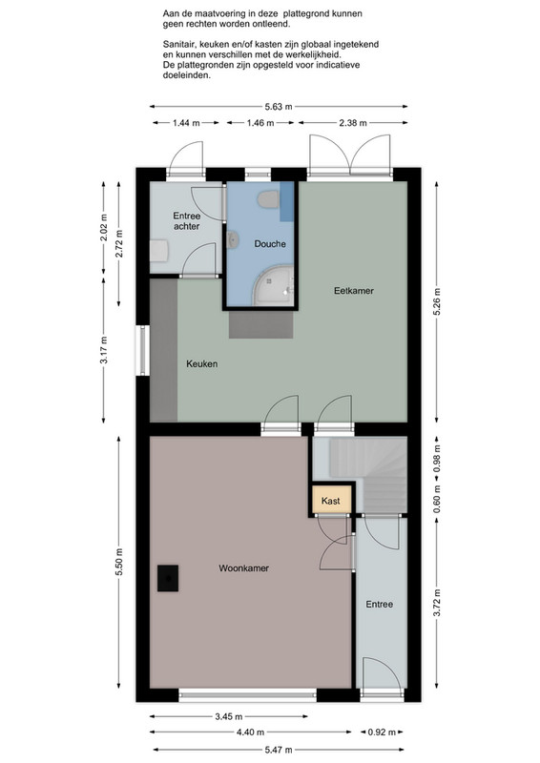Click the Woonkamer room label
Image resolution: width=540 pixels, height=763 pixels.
(243, 567)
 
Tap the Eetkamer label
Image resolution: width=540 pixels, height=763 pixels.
(354, 291)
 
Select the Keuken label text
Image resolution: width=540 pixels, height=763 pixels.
(201, 363)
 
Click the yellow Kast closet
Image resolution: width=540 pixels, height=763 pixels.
(331, 500)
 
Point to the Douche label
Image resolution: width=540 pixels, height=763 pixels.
(270, 244)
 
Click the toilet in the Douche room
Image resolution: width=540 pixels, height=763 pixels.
(269, 199)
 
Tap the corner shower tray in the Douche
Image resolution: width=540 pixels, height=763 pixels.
(273, 285)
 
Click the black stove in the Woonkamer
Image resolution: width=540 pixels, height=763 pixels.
(168, 578)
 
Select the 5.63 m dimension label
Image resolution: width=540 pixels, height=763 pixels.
(279, 107)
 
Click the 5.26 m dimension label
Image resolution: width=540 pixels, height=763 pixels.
(437, 301)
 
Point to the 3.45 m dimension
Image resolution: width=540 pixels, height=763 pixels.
(229, 716)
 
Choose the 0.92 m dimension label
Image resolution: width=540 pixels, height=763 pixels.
(382, 732)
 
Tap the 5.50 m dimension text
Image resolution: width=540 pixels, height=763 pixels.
(119, 562)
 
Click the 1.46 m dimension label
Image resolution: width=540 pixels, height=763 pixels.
(260, 123)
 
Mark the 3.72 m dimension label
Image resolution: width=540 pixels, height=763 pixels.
(437, 603)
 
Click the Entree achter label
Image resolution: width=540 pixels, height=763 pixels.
(186, 221)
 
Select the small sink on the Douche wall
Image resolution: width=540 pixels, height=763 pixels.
(233, 240)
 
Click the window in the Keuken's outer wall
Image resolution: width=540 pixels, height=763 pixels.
(143, 350)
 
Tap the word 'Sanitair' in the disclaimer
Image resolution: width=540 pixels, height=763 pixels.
(178, 44)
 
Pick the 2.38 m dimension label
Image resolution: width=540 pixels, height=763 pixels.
(353, 123)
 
